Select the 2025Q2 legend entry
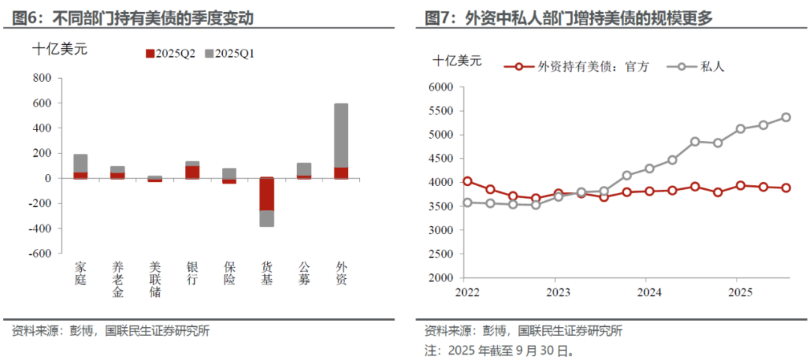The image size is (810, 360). coord(170,53)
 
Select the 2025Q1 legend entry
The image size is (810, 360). coord(229,53)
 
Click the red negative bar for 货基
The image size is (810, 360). coord(267,194)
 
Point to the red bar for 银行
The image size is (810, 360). coord(193,172)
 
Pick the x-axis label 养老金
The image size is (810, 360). coord(118,279)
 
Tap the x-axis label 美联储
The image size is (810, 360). coord(155,279)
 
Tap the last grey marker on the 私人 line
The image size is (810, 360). coord(786,117)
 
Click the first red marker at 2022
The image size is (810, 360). coord(467,181)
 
